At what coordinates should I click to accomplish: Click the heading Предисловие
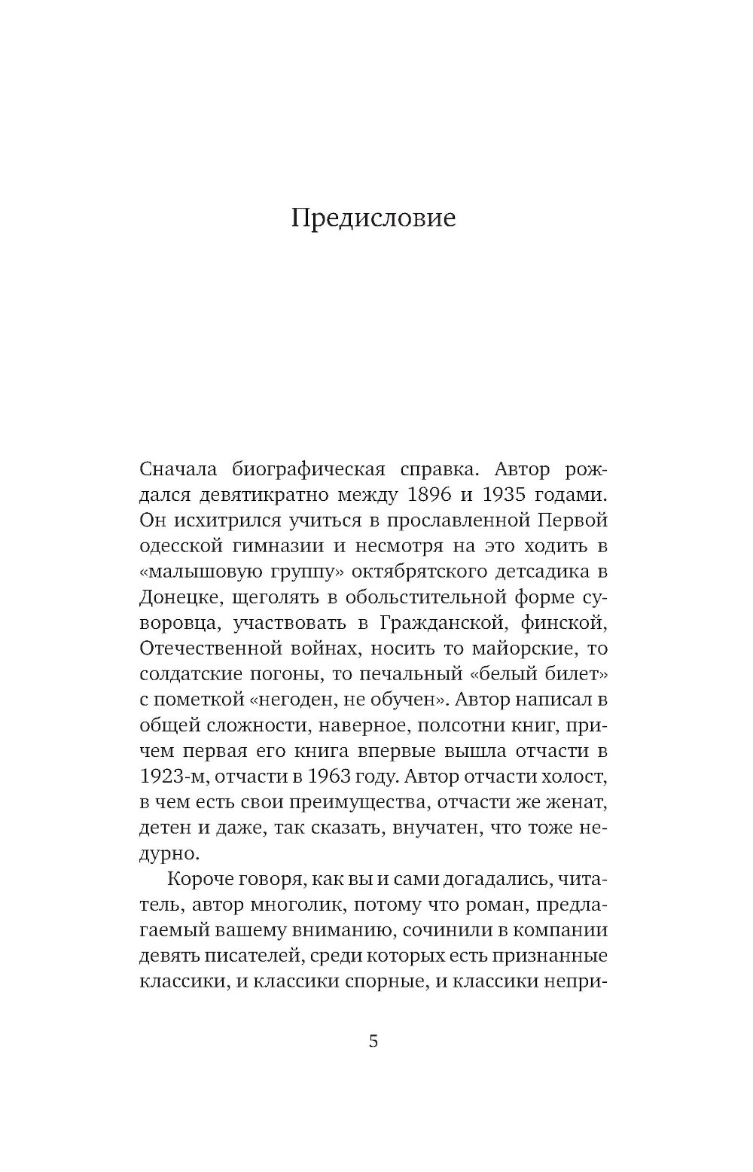(373, 218)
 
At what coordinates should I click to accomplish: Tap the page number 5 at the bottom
(373, 1042)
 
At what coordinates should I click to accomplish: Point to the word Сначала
(178, 470)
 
